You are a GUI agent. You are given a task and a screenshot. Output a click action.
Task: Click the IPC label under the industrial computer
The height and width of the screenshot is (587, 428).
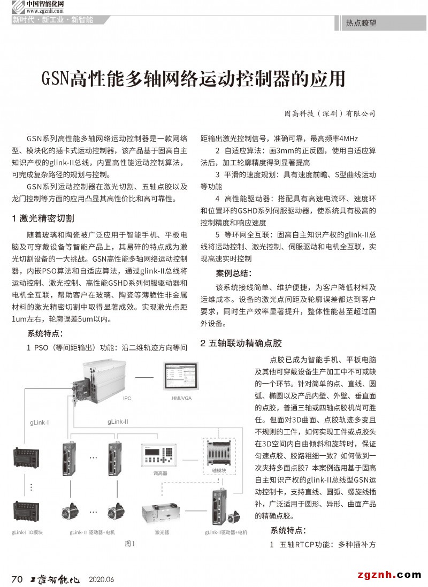pyautogui.click(x=127, y=398)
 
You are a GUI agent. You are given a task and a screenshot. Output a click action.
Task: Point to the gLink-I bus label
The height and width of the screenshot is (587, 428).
pyautogui.click(x=40, y=423)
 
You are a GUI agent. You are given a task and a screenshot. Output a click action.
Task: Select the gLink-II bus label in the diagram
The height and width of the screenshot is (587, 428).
pyautogui.click(x=118, y=422)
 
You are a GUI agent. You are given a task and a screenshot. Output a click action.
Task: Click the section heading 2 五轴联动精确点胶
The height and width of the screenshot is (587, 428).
pyautogui.click(x=241, y=343)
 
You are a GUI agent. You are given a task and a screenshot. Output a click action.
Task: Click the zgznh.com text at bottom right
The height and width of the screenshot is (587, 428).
pyautogui.click(x=387, y=575)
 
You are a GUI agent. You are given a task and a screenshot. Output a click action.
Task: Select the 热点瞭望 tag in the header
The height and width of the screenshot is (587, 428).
pyautogui.click(x=361, y=24)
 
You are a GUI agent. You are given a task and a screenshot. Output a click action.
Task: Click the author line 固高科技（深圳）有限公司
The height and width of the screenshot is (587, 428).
pyautogui.click(x=330, y=113)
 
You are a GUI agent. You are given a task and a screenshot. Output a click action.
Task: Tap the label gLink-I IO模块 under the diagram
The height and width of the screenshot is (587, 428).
pyautogui.click(x=27, y=532)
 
